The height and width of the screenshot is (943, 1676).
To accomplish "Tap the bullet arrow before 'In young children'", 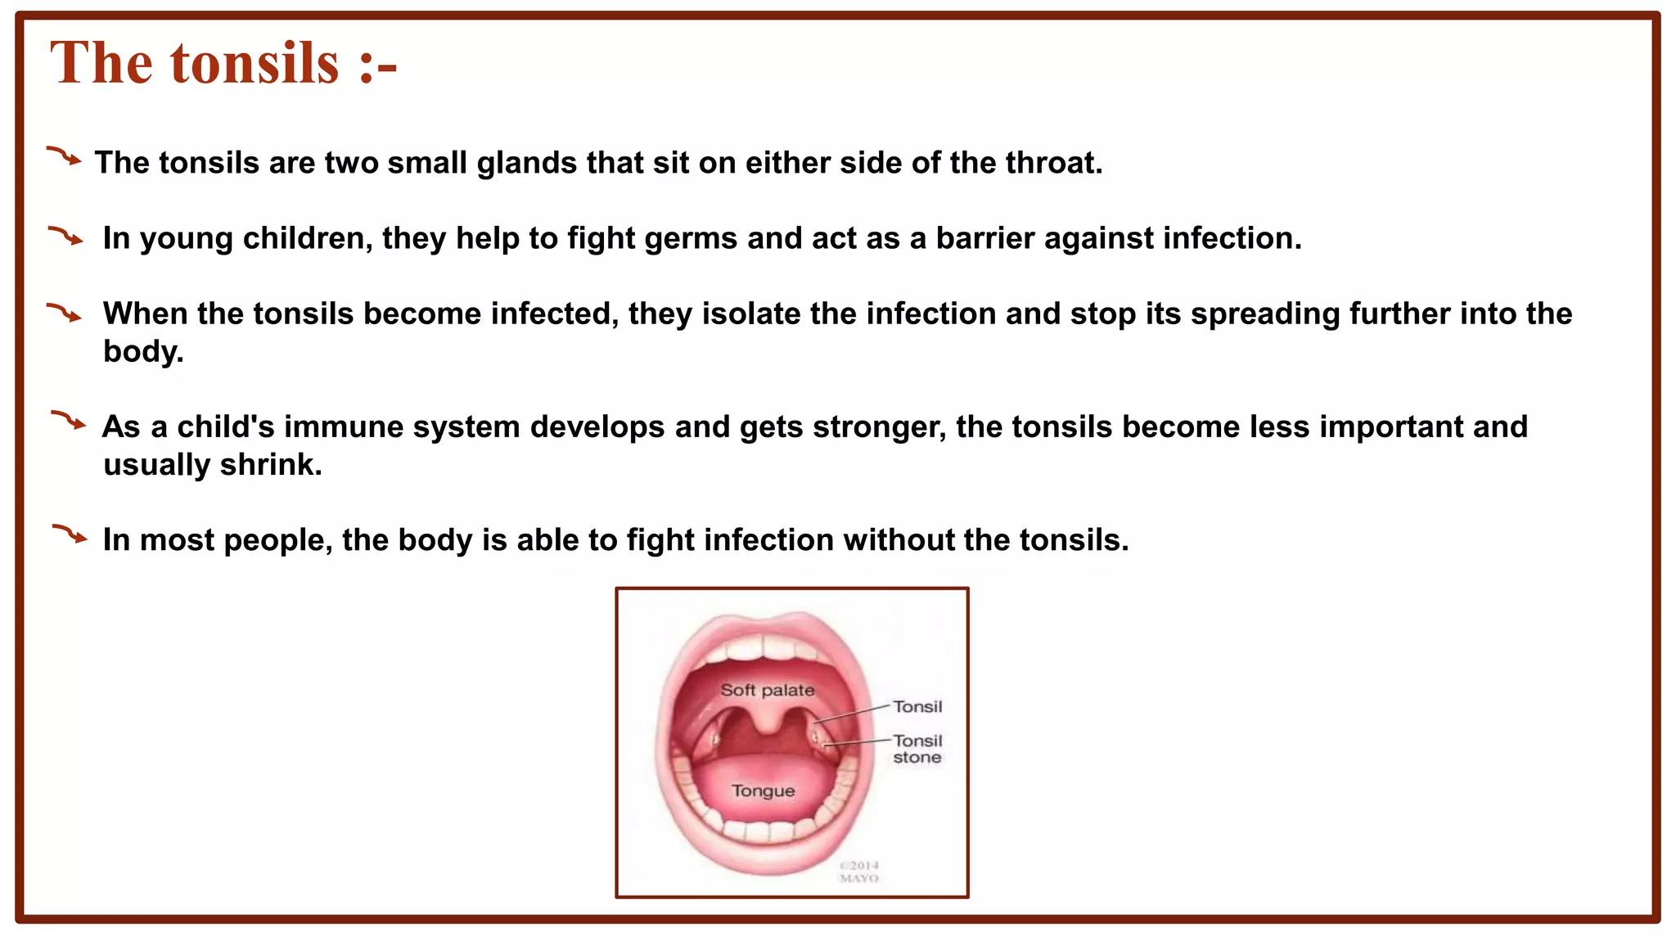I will click(x=65, y=237).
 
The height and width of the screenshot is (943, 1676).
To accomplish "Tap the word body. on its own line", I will click(x=143, y=352).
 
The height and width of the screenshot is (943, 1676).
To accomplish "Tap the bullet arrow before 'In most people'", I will click(x=70, y=535).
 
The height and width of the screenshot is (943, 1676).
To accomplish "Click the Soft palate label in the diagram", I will click(x=767, y=690).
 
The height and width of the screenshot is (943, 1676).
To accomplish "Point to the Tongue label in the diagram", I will click(x=763, y=791).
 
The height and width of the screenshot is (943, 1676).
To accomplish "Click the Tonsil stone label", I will click(x=917, y=749).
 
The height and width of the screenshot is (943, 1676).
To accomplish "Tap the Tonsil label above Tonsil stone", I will click(x=917, y=706).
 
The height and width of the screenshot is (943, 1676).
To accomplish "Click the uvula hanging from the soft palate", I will click(x=768, y=720).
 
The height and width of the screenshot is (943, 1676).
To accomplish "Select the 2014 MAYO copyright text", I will click(x=859, y=872).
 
